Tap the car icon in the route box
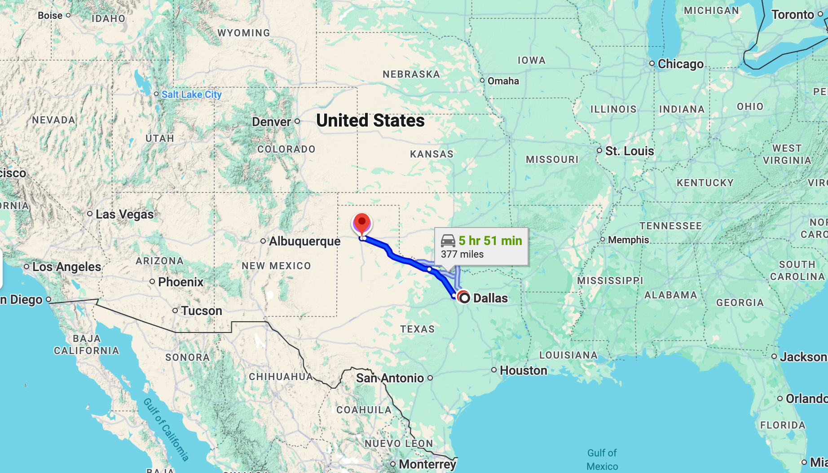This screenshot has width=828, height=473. point(448,241)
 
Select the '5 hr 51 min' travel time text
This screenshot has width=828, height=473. point(490,241)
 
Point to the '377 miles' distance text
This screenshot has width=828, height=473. point(462,254)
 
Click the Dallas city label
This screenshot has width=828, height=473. point(490,298)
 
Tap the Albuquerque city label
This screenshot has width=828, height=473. point(304,241)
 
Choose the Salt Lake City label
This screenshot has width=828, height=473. point(191,94)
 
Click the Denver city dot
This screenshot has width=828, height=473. point(297,121)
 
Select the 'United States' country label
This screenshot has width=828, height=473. point(370,121)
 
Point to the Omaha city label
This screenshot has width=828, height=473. point(503,81)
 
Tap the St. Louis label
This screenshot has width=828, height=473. point(629,151)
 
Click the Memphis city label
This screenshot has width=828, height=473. point(628,240)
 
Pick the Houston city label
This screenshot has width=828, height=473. point(524,371)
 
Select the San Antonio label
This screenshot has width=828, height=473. point(390,378)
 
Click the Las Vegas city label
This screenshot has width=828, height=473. point(124,215)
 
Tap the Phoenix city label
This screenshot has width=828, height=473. point(181,282)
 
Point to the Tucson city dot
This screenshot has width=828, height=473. point(175,311)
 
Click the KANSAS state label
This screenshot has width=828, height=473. point(432,154)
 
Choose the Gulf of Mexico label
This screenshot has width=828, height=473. point(602,460)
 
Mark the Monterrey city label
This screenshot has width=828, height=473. point(427,464)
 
